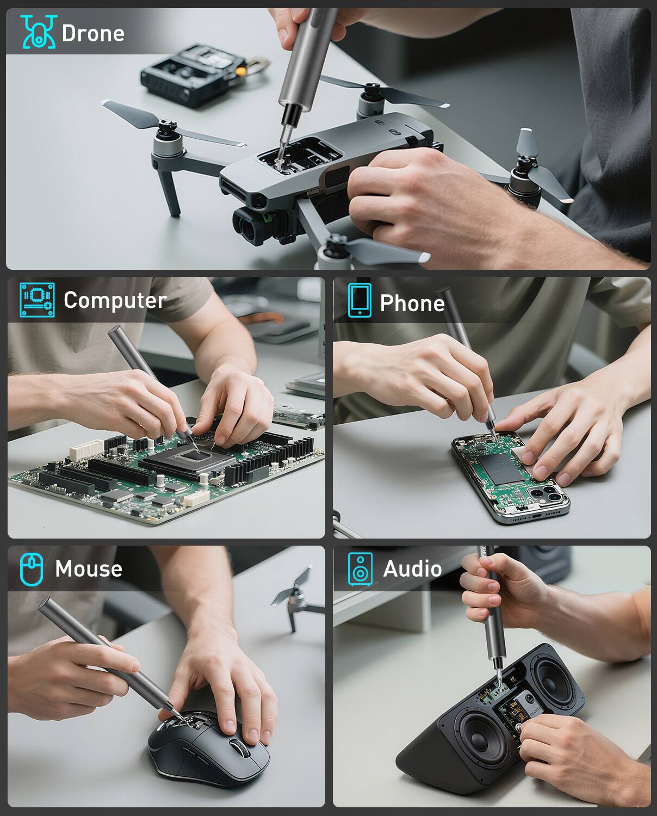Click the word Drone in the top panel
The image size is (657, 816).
click(x=93, y=33)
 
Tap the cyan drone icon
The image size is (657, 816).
click(x=38, y=32)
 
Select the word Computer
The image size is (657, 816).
click(x=115, y=301)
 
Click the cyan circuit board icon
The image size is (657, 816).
click(x=37, y=300)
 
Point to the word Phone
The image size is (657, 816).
click(x=412, y=304)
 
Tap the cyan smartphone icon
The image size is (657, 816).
click(x=360, y=300)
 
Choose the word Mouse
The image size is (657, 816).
click(x=89, y=569)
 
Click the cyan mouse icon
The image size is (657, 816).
click(x=32, y=569)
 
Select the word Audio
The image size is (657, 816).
click(x=412, y=569)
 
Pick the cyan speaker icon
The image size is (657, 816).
click(x=360, y=569)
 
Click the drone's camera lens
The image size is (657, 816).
click(x=249, y=227)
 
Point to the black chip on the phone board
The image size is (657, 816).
click(x=501, y=468)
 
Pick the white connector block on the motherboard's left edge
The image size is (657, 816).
click(x=86, y=449)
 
